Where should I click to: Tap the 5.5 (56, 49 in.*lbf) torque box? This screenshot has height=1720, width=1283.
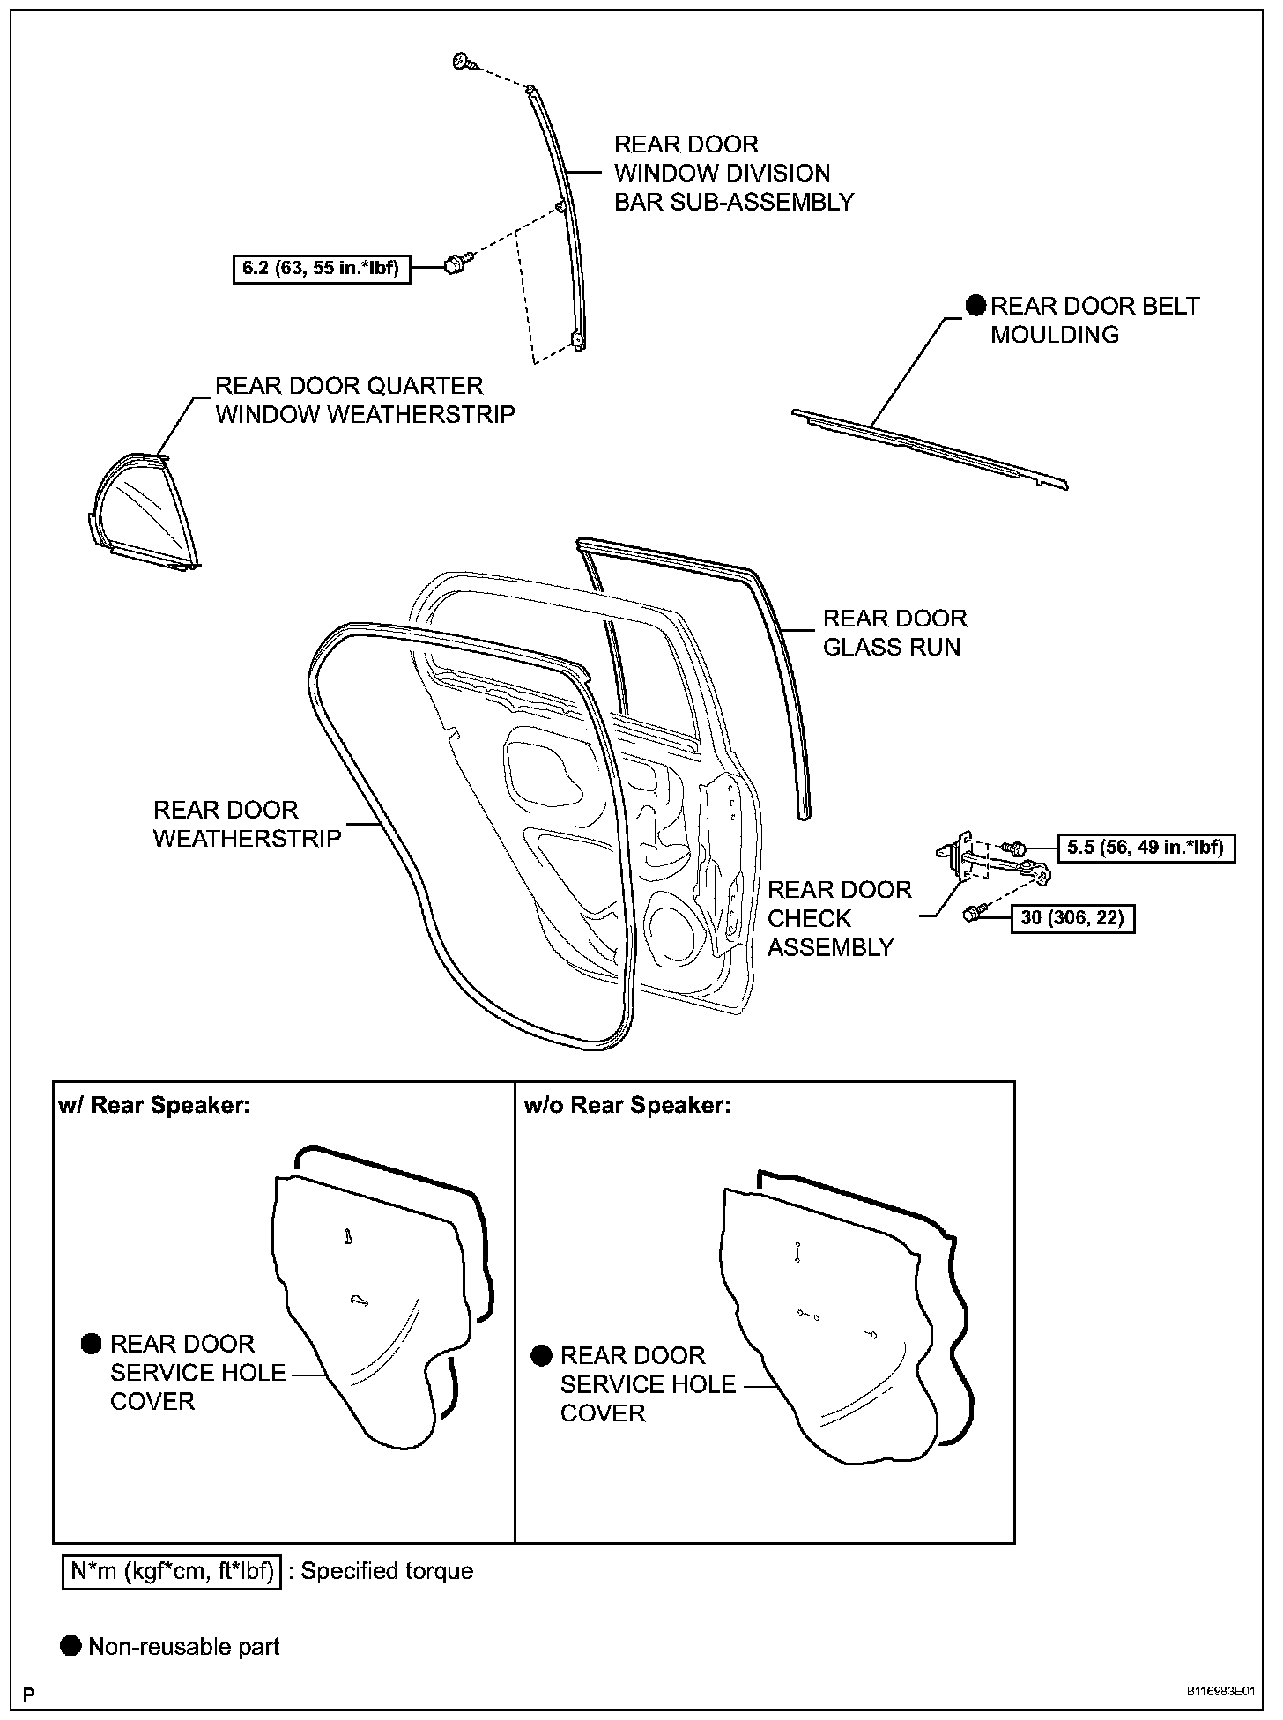coord(1145,848)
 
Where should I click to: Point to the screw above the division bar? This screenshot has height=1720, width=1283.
coord(463,62)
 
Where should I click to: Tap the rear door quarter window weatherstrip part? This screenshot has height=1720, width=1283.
coord(144,515)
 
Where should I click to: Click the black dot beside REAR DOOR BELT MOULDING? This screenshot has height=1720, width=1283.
coord(975,306)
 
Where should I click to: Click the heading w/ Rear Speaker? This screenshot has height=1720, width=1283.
coord(155,1105)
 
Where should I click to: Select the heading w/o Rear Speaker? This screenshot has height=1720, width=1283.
coord(627,1105)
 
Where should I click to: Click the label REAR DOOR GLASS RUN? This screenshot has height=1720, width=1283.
coord(894,633)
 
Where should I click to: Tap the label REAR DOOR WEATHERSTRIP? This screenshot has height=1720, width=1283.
coord(247,824)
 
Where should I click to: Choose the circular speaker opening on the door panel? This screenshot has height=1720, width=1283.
coord(677,927)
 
